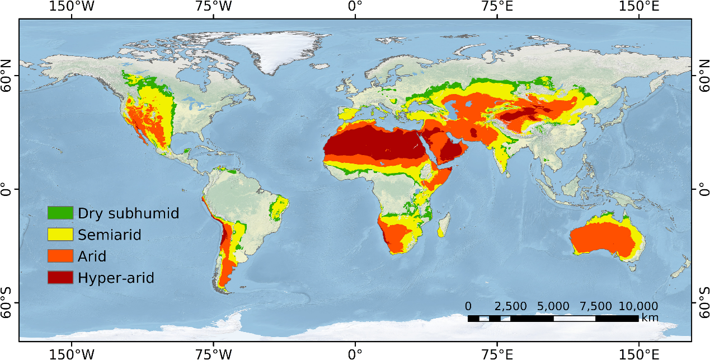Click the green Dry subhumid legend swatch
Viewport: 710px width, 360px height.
click(x=60, y=213)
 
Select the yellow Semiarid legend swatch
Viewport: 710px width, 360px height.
click(x=60, y=235)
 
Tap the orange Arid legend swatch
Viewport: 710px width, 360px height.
click(x=60, y=256)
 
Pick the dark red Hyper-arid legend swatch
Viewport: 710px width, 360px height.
click(x=60, y=277)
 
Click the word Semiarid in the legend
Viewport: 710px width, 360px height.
click(x=110, y=235)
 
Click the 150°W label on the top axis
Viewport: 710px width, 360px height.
click(x=71, y=7)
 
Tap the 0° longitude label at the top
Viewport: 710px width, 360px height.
click(x=355, y=7)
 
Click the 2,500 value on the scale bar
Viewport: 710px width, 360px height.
click(x=511, y=307)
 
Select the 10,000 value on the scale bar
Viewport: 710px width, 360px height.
click(x=638, y=307)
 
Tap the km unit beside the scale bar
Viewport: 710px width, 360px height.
click(x=650, y=318)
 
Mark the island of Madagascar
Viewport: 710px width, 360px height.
click(x=444, y=226)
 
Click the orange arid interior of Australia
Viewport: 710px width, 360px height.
click(x=601, y=238)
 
